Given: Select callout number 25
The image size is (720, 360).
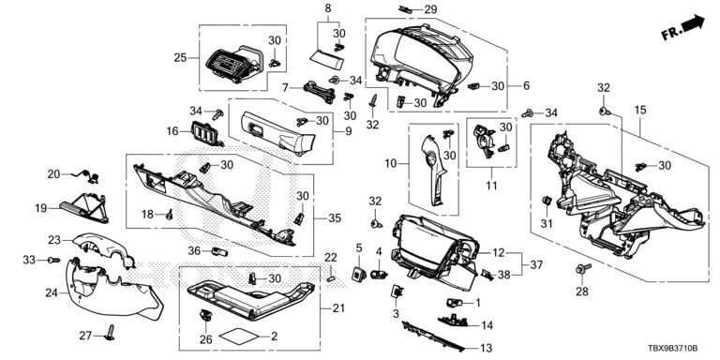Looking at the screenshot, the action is tap(180, 58).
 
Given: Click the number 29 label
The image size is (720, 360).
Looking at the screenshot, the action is tap(430, 9).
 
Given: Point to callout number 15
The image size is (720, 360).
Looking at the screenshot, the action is tap(640, 110).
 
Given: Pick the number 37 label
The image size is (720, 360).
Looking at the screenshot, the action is tap(536, 265).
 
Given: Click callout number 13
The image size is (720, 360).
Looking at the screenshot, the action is tap(486, 348).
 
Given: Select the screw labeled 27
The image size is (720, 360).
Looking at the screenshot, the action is tap(111, 332).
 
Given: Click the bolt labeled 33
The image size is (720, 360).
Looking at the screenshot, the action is tap(53, 261).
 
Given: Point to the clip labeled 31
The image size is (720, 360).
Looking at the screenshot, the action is tap(547, 201).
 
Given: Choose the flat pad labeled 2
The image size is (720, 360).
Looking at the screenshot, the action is tap(238, 336).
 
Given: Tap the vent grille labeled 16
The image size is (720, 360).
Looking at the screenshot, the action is tap(205, 133).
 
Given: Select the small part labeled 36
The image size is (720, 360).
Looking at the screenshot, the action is tap(219, 251).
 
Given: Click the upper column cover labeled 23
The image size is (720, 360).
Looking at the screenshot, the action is tap(105, 249).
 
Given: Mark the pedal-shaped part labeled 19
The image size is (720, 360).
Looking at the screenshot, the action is tap(84, 207).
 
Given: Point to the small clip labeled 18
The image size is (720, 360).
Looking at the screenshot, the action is tap(169, 214).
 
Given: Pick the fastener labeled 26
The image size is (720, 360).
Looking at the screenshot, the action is tap(205, 315).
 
